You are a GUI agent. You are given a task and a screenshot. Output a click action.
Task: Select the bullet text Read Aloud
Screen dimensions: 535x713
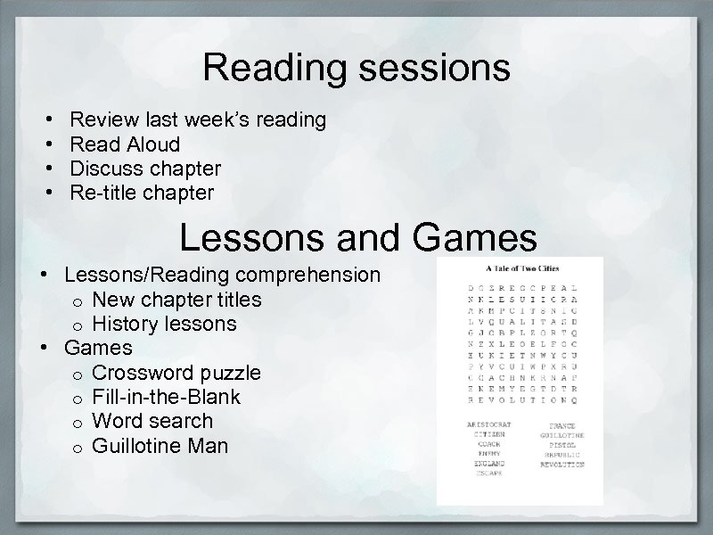tap(125, 144)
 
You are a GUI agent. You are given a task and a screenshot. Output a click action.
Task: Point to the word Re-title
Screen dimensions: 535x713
tap(101, 193)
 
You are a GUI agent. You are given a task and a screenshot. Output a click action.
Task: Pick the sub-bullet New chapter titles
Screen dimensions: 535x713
tap(176, 299)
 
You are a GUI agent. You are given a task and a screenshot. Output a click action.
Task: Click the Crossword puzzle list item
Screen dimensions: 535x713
tap(176, 372)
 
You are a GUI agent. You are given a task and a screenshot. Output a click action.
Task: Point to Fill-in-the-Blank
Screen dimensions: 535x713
tap(166, 396)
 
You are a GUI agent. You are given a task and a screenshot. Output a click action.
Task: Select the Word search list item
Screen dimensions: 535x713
tap(152, 421)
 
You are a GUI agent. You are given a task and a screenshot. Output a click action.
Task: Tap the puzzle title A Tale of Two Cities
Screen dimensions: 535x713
tap(520, 267)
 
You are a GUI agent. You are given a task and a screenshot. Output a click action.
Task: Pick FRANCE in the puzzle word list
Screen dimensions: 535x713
tap(561, 426)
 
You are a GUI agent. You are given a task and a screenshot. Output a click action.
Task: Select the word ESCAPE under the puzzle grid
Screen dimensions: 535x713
tap(487, 473)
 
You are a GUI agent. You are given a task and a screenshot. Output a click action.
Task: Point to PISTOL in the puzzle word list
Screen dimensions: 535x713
tap(561, 444)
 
